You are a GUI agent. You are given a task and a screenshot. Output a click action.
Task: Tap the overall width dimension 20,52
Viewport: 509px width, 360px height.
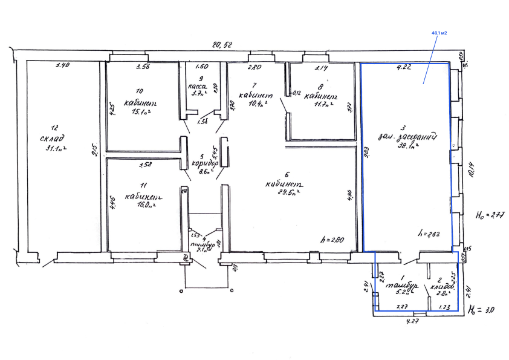[x=221, y=44]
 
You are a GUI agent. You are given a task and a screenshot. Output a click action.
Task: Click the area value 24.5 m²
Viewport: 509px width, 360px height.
[x=283, y=193]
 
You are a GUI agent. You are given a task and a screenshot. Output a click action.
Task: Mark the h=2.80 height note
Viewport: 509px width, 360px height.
[x=332, y=240]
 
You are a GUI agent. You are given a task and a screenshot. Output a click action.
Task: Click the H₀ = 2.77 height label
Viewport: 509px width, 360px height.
[x=490, y=214]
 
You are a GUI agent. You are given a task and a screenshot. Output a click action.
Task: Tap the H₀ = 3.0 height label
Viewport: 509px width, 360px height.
[x=482, y=310]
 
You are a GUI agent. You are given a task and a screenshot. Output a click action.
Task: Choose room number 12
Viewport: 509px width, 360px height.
[x=54, y=127]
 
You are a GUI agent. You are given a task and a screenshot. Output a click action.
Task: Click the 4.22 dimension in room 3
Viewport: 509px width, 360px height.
[x=404, y=68]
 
